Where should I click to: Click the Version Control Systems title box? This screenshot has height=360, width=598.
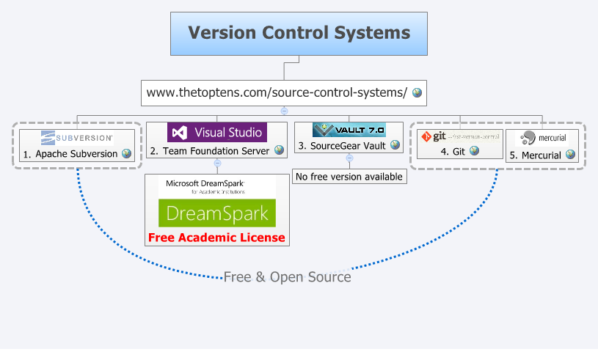[x=299, y=33]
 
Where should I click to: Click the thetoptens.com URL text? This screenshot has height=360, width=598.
[x=277, y=92]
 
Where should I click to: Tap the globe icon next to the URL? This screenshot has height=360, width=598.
[x=417, y=92]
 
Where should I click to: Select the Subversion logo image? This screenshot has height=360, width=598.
[x=77, y=137]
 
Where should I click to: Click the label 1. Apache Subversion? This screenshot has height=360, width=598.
[x=70, y=154]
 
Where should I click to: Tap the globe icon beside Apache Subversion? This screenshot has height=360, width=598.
[x=126, y=154]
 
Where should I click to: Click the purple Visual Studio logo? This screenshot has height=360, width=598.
[x=217, y=132]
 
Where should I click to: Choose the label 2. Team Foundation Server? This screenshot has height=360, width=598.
[x=210, y=151]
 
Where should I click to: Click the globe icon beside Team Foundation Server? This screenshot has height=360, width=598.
[x=279, y=150]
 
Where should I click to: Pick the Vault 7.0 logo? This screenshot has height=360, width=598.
[x=349, y=130]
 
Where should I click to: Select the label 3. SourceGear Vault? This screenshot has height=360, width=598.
[x=343, y=145]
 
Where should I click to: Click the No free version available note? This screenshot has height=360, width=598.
[x=349, y=176]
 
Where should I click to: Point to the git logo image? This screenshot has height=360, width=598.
[x=460, y=136]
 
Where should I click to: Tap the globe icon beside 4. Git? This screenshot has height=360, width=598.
[x=474, y=151]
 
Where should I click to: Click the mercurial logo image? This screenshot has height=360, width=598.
[x=542, y=138]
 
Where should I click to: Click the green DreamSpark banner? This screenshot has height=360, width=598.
[x=217, y=213]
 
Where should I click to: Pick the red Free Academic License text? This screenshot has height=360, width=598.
[x=216, y=238]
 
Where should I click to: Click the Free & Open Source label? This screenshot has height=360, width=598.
[x=287, y=277]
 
